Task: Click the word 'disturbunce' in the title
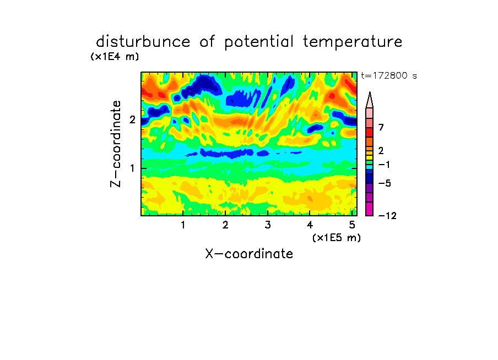pyautogui.click(x=143, y=42)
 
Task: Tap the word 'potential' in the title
pyautogui.click(x=259, y=42)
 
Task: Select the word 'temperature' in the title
pyautogui.click(x=353, y=42)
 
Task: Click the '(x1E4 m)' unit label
pyautogui.click(x=115, y=57)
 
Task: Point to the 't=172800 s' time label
pyautogui.click(x=389, y=75)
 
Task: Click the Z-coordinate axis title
pyautogui.click(x=116, y=144)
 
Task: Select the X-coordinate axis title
pyautogui.click(x=249, y=254)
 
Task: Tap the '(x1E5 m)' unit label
pyautogui.click(x=337, y=238)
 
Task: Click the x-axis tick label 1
pyautogui.click(x=183, y=225)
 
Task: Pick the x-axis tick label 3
pyautogui.click(x=268, y=225)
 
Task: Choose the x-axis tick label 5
pyautogui.click(x=352, y=225)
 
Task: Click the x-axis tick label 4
pyautogui.click(x=310, y=225)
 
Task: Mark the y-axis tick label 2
pyautogui.click(x=132, y=119)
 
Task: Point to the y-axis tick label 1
pyautogui.click(x=132, y=168)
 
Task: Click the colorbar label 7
pyautogui.click(x=381, y=128)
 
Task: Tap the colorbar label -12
pyautogui.click(x=387, y=216)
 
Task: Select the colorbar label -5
pyautogui.click(x=385, y=183)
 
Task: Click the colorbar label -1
pyautogui.click(x=384, y=165)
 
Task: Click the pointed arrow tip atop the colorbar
pyautogui.click(x=370, y=92)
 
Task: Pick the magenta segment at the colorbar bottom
pyautogui.click(x=370, y=209)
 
